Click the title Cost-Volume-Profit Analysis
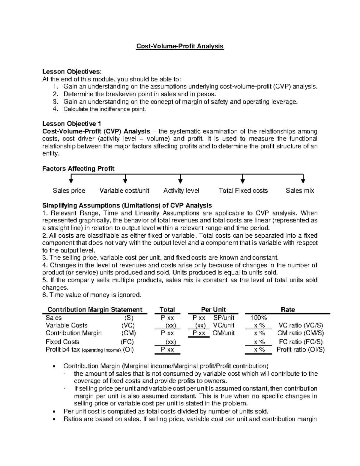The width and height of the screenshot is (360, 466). tap(180, 46)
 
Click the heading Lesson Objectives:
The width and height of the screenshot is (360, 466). tap(72, 72)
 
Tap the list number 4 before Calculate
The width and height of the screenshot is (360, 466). tap(55, 109)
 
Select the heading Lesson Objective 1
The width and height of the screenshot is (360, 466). tap(72, 124)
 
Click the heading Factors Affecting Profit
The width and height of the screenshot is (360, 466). tap(78, 169)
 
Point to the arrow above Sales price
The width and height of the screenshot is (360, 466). tap(71, 179)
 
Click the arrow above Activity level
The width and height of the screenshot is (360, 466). tap(180, 179)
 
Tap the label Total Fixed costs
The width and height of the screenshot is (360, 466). tap(243, 191)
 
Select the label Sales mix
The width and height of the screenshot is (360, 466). tap(300, 191)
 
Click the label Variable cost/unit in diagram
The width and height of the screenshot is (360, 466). tap(124, 191)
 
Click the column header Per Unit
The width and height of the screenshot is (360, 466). tap(213, 310)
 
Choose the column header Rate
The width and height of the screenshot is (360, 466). tap(287, 310)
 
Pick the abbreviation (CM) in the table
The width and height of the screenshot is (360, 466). tap(128, 333)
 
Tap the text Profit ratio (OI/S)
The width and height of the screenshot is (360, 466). tap(301, 350)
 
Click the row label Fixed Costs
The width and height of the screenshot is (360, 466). tap(62, 342)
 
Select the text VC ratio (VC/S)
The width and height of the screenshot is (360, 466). tap(301, 325)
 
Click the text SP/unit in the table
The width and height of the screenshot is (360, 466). tap(224, 318)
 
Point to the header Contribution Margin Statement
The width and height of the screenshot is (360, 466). tap(95, 310)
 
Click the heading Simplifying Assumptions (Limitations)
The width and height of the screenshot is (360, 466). tap(127, 206)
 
